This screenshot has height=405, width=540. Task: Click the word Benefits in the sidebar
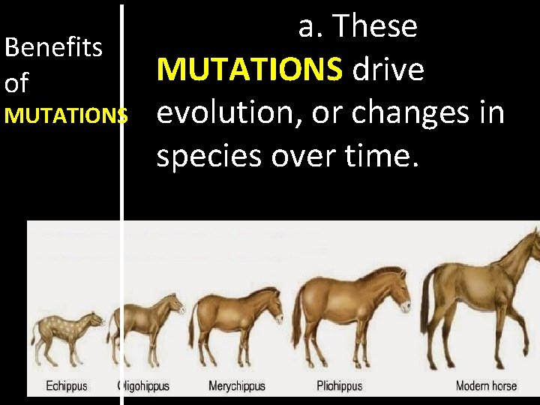[x=53, y=47]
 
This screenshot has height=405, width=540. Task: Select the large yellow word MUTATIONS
[x=250, y=70]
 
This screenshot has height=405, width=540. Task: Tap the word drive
[x=388, y=70]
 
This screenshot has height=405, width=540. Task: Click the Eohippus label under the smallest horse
[x=67, y=386]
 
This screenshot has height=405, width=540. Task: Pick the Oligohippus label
[x=145, y=386]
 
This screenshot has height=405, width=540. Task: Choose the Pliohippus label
[x=339, y=386]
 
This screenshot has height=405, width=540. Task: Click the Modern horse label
[x=486, y=386]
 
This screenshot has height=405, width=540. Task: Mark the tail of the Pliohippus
[x=296, y=315]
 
